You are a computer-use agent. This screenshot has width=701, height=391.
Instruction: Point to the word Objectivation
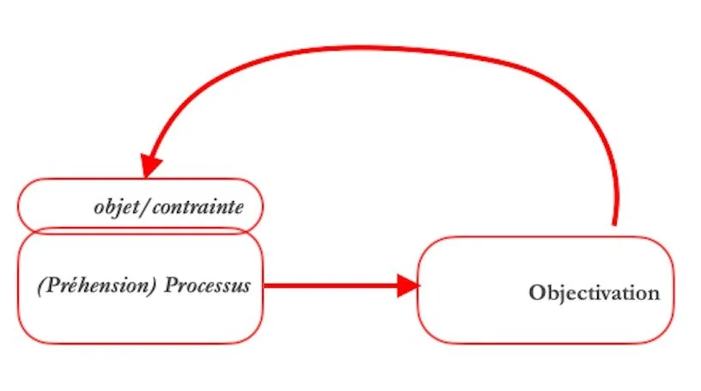click(594, 293)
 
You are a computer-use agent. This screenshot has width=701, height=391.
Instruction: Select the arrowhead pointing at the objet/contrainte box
click(152, 164)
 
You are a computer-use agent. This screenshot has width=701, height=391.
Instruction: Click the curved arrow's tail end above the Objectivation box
click(614, 219)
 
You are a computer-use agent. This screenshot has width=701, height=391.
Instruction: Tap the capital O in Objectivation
click(537, 293)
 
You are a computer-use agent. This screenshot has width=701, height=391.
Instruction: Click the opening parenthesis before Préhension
click(41, 285)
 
